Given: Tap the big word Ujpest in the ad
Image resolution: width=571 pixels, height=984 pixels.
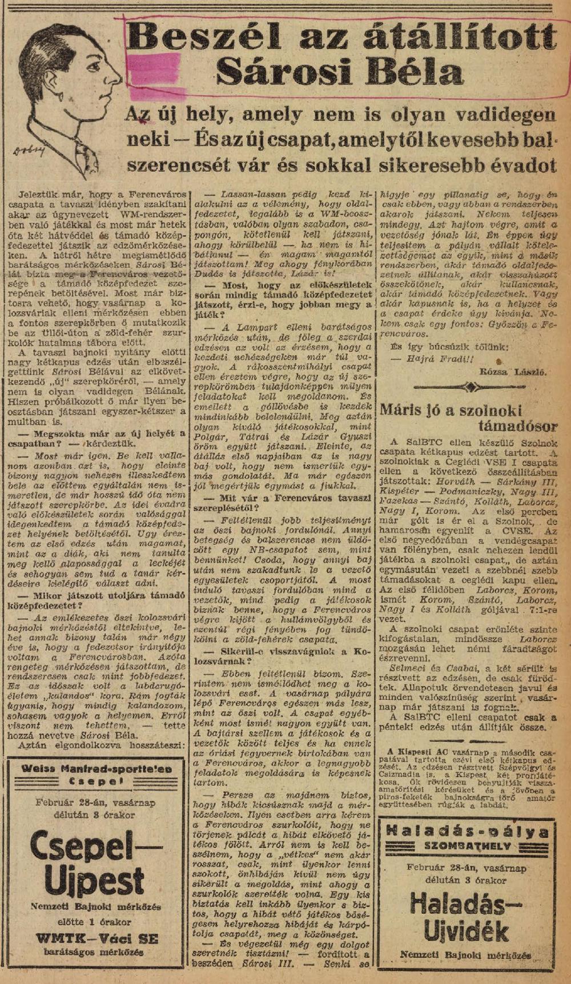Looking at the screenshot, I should tap(95, 882).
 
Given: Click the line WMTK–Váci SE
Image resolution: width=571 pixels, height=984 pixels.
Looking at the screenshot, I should tap(96, 938).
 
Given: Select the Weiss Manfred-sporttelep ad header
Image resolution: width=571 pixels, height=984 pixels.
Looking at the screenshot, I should tap(96, 775).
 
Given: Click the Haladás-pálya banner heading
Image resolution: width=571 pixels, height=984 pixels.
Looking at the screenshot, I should tap(467, 830).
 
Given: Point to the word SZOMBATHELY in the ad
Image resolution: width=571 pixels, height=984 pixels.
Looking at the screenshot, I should tap(467, 846).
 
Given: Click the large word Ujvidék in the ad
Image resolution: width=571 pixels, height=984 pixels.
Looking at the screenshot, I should tap(467, 929).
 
